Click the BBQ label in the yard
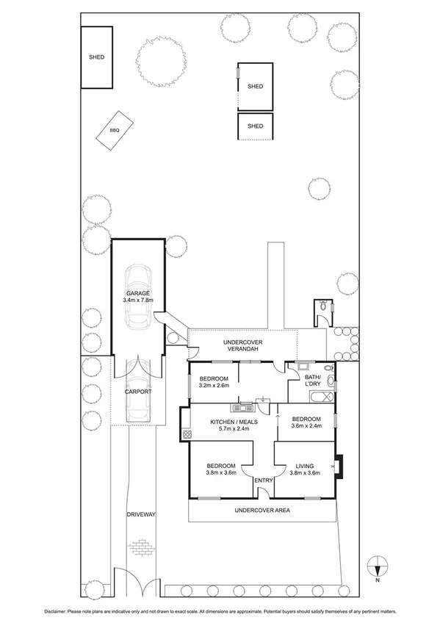[114, 130]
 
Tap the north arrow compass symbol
[378, 568]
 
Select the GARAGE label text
[137, 293]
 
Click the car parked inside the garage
[137, 298]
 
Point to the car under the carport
[137, 394]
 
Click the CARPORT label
[137, 392]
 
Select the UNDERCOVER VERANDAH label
[242, 347]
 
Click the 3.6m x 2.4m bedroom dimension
[307, 425]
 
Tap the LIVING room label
[305, 466]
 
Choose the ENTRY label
[263, 480]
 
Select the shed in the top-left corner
[96, 57]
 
